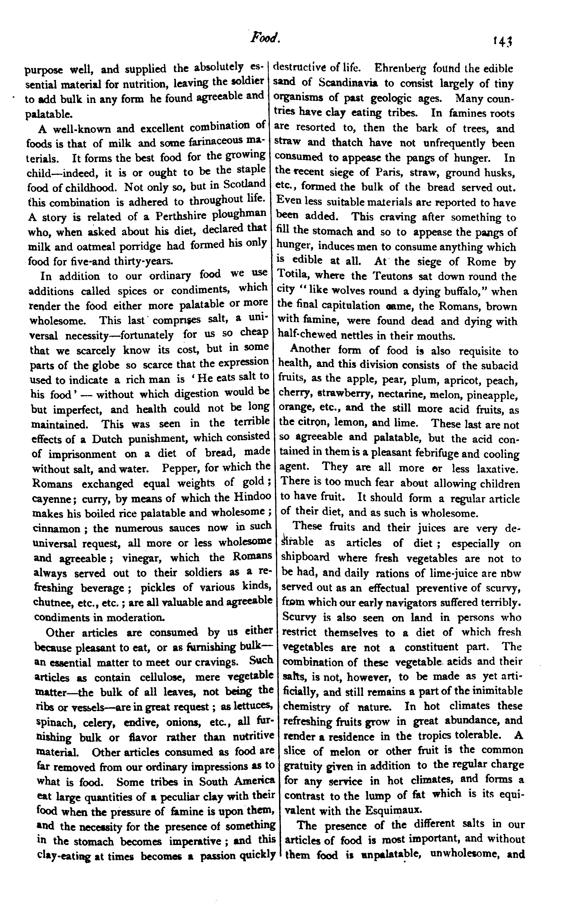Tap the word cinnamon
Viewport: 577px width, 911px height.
click(56, 528)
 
